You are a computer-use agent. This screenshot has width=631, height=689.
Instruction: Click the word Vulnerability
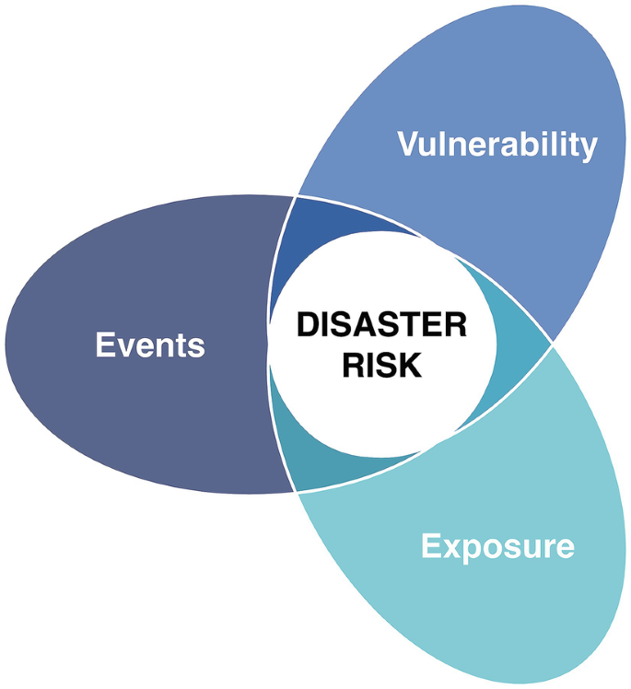(497, 145)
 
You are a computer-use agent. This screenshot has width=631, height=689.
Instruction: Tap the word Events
(150, 346)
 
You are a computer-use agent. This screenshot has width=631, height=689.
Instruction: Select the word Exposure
(497, 546)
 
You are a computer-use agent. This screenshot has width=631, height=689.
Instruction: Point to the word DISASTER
(381, 326)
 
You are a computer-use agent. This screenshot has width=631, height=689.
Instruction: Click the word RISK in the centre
(381, 365)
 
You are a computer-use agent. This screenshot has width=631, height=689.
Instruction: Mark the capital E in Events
(104, 346)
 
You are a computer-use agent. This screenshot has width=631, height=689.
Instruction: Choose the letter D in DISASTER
(306, 326)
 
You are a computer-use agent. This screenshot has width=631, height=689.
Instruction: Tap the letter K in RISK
(410, 365)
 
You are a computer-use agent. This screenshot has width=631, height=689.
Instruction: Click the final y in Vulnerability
(588, 149)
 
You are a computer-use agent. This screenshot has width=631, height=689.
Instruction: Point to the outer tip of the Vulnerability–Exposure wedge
(552, 345)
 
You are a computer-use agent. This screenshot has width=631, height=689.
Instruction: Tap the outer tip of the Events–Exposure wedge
(297, 491)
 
